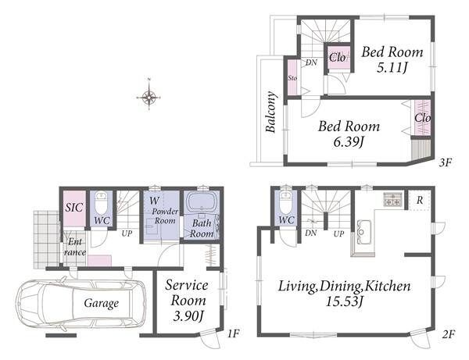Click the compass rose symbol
[x=149, y=97]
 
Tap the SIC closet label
[x=74, y=207]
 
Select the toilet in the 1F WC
[x=101, y=202]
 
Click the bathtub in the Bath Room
[x=202, y=202]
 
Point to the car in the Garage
[x=81, y=303]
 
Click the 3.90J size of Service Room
[x=188, y=316]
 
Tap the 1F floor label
[x=233, y=333]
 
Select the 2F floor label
[x=448, y=334]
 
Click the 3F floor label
[x=445, y=162]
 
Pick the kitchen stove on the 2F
[x=392, y=199]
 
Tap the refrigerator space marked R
[x=420, y=200]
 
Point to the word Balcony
[x=271, y=112]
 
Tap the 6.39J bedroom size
[x=349, y=141]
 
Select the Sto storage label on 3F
[x=292, y=78]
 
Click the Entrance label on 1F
[x=75, y=247]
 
